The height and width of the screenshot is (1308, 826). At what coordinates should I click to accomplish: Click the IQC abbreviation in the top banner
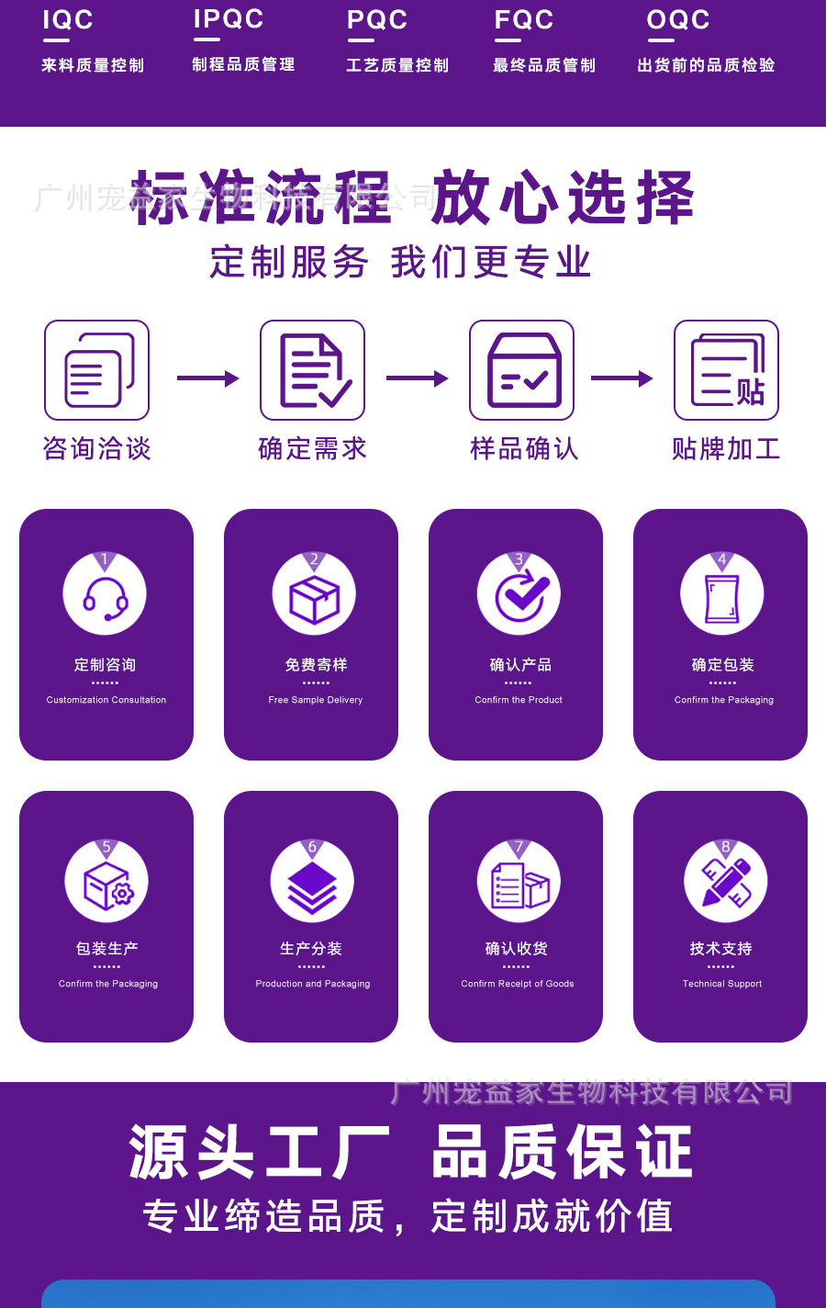pyautogui.click(x=68, y=20)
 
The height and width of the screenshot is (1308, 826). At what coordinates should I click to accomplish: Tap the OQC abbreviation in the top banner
pyautogui.click(x=678, y=20)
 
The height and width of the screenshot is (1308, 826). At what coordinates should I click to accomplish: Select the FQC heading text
pyautogui.click(x=524, y=20)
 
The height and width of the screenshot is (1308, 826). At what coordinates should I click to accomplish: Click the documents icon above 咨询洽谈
pyautogui.click(x=97, y=370)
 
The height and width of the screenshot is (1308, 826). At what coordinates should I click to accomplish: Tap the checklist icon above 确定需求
pyautogui.click(x=313, y=370)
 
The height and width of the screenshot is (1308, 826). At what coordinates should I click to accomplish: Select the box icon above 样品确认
pyautogui.click(x=522, y=370)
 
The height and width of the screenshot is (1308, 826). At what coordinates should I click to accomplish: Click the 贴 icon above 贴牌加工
pyautogui.click(x=727, y=370)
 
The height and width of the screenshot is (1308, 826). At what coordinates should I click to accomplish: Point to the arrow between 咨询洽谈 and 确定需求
pyautogui.click(x=207, y=378)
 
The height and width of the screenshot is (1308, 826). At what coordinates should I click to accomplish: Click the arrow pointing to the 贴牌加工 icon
pyautogui.click(x=622, y=378)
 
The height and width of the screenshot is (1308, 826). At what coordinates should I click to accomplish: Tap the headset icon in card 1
pyautogui.click(x=105, y=595)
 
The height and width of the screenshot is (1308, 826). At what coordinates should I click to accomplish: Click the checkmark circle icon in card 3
pyautogui.click(x=519, y=595)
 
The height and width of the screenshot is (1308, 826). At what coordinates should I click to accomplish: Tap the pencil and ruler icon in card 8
pyautogui.click(x=726, y=883)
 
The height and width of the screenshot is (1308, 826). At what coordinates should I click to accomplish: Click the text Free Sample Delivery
pyautogui.click(x=316, y=700)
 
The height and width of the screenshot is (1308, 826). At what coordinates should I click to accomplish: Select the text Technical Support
pyautogui.click(x=722, y=984)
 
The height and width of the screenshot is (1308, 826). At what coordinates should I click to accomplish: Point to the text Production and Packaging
pyautogui.click(x=313, y=984)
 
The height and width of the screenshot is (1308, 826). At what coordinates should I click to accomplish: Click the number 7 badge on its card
pyautogui.click(x=519, y=847)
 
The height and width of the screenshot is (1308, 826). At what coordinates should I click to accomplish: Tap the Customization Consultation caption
pyautogui.click(x=106, y=700)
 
